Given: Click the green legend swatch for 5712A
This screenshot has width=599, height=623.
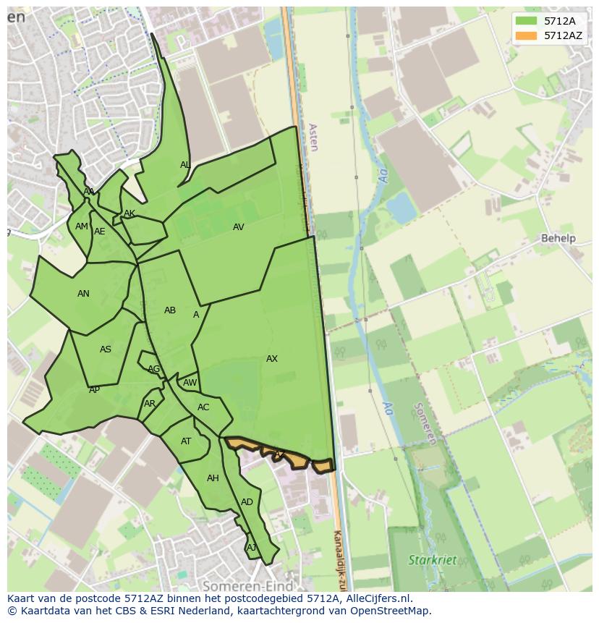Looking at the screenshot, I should (526, 21).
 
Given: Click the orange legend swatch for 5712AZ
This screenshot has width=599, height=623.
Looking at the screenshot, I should (526, 35).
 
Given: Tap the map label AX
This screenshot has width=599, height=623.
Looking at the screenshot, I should (272, 359).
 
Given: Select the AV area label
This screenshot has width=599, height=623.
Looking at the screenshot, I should (239, 227).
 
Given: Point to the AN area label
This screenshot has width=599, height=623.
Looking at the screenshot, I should (84, 294).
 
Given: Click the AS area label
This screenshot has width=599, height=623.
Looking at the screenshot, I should (106, 349).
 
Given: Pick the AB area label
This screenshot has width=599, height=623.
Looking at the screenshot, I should (170, 310).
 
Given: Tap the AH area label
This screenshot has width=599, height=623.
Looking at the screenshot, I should (213, 478).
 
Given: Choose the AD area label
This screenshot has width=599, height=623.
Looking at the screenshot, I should (247, 502).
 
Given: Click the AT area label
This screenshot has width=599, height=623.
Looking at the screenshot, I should (186, 441).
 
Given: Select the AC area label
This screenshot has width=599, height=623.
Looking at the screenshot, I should (203, 407).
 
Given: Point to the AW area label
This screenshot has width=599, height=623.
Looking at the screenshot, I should (190, 383).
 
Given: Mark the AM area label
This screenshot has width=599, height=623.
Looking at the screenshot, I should (81, 226).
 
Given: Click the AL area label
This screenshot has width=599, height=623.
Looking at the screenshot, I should (185, 165).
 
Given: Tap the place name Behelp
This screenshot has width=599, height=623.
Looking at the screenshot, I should (558, 238).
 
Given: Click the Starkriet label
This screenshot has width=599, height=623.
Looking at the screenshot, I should (432, 560).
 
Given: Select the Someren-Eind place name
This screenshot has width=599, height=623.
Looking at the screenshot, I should (247, 586).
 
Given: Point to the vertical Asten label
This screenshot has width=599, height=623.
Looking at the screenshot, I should (313, 137).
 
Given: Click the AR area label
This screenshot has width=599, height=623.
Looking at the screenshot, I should (150, 404).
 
